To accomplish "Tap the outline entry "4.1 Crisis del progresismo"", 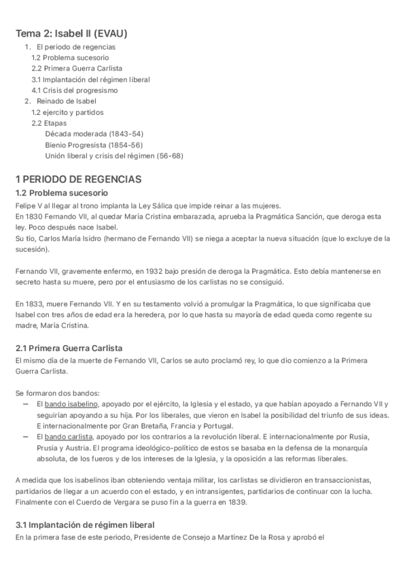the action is click(x=75, y=90).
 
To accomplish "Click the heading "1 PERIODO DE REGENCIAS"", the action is click(x=78, y=179).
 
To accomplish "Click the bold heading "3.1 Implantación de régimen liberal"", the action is click(x=85, y=525).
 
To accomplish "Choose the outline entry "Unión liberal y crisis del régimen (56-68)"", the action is click(x=114, y=156).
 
